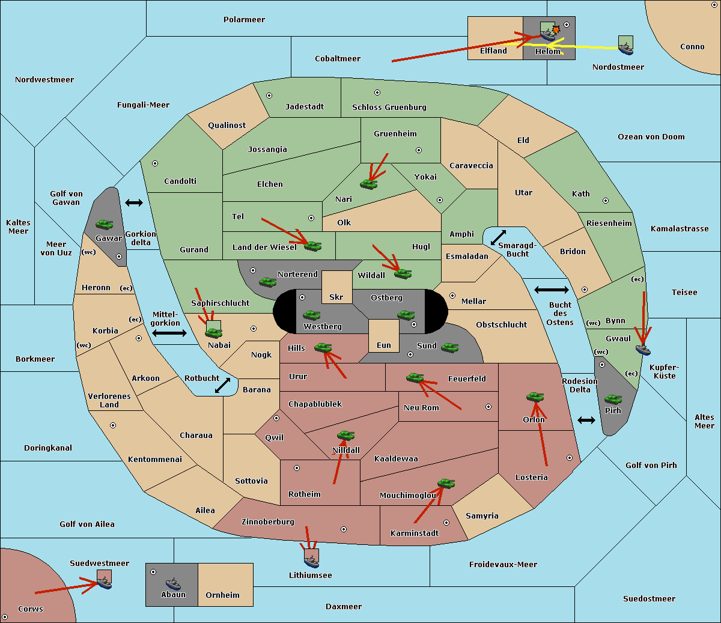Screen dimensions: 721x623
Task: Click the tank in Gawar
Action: tap(105, 224)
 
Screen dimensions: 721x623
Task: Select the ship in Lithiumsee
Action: tap(311, 561)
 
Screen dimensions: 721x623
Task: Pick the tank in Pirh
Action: tap(613, 399)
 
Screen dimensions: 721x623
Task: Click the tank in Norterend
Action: tap(267, 282)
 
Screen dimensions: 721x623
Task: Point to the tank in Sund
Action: tap(449, 347)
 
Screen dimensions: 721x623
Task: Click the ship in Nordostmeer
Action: tap(626, 49)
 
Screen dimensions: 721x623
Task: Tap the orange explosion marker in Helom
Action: tap(556, 29)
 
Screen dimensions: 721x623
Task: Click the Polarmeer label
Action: tap(244, 20)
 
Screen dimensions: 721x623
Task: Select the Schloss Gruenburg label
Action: tap(389, 107)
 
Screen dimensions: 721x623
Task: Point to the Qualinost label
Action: tap(227, 125)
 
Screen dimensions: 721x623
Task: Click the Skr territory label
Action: tap(336, 297)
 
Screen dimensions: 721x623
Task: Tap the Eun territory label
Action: tap(384, 345)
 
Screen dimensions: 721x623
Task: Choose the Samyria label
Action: tap(482, 515)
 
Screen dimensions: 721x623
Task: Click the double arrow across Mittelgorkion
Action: tap(169, 333)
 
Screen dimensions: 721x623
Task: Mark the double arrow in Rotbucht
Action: tap(222, 385)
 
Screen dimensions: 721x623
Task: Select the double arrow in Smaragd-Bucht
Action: tap(498, 237)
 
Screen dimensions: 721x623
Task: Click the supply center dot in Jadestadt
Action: tap(269, 96)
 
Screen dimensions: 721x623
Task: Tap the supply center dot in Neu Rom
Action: tap(488, 407)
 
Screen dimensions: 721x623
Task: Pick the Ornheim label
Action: tap(222, 595)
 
